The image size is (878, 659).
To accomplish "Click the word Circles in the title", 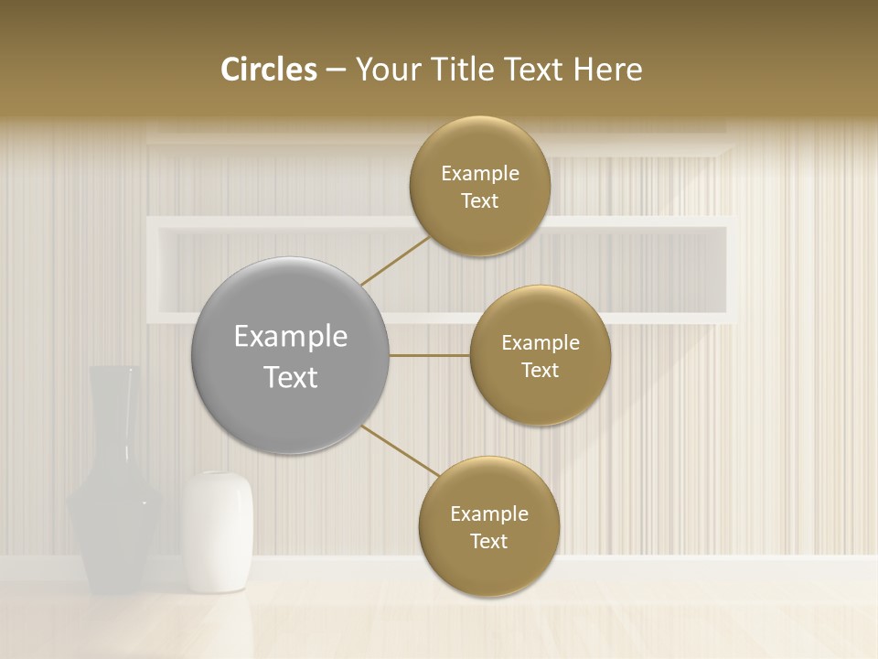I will tap(269, 70).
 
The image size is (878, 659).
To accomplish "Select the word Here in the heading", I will tap(607, 70).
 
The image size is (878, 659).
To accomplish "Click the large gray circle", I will tap(290, 356).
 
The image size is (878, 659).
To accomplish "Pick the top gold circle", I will tap(479, 187).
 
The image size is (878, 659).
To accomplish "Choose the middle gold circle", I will tap(540, 356).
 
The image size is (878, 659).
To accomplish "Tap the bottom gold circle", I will tap(488, 526).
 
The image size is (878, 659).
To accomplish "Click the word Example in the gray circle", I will tap(291, 337).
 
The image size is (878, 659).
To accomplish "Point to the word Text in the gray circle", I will tap(291, 377).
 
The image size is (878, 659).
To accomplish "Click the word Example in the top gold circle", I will tap(480, 174).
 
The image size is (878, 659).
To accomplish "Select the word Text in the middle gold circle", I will tap(540, 371).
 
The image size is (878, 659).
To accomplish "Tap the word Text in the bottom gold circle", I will tap(488, 541).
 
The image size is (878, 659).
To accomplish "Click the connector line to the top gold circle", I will tap(395, 261).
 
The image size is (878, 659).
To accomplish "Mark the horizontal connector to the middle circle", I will tap(430, 355).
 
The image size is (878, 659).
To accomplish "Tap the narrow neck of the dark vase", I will tap(113, 403).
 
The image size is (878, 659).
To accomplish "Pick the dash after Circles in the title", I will tap(335, 70).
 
